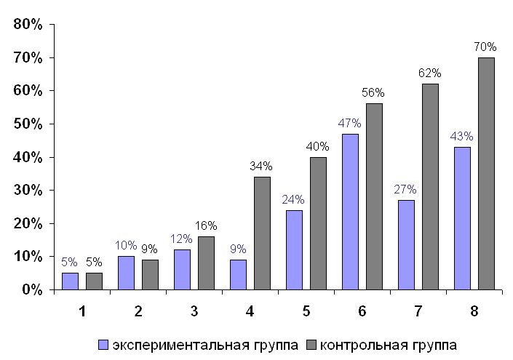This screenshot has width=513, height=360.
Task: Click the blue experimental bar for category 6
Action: (x=350, y=212)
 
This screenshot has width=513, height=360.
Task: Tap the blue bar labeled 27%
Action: (x=406, y=244)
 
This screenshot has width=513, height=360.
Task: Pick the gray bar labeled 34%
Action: (x=262, y=233)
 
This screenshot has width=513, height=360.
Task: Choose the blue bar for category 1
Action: (x=70, y=281)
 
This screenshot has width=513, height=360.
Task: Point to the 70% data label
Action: (x=485, y=47)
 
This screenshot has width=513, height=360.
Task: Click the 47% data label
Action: (x=350, y=124)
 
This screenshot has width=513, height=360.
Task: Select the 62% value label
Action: (x=430, y=73)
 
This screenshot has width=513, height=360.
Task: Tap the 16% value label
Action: (x=206, y=226)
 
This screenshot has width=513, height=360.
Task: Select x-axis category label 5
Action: (x=306, y=311)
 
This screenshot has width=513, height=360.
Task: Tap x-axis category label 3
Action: (x=194, y=311)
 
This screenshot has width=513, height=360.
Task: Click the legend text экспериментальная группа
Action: (x=205, y=343)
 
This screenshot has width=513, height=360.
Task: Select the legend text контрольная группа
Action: (x=389, y=343)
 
